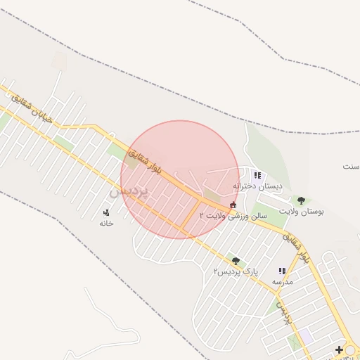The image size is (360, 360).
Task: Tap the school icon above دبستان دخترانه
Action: click(x=257, y=175)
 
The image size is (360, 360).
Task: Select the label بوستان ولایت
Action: click(x=301, y=211)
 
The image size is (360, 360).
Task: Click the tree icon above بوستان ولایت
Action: click(x=301, y=200)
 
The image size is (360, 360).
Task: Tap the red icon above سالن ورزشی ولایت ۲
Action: click(x=233, y=205)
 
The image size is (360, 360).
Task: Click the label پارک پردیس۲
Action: click(x=236, y=271)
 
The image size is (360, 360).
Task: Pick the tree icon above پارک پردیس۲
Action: click(x=236, y=261)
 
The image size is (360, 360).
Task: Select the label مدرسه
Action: click(x=282, y=281)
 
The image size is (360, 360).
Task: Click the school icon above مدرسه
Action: click(x=282, y=271)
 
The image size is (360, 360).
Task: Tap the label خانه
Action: click(x=106, y=223)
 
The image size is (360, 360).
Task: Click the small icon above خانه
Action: click(x=106, y=212)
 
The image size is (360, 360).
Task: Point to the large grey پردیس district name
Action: click(x=130, y=191)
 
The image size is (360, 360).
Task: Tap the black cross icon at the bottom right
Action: click(x=340, y=349)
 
